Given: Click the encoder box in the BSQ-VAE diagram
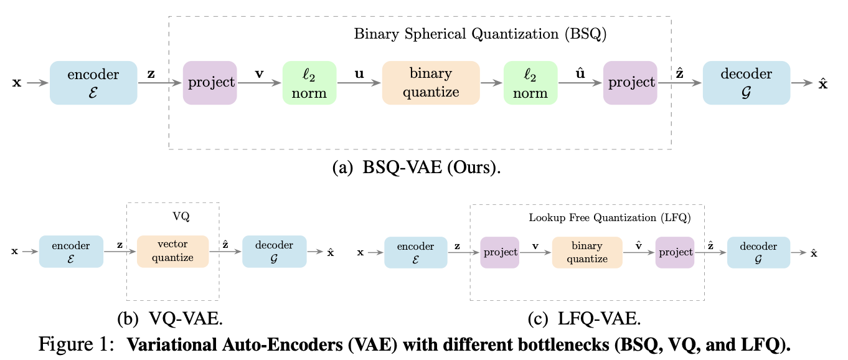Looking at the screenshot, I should (x=93, y=83).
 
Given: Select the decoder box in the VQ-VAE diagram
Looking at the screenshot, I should (x=275, y=252).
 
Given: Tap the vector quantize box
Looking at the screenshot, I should (x=172, y=252).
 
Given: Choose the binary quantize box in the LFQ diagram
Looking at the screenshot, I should (x=587, y=252).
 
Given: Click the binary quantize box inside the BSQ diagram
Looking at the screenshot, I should (x=430, y=83).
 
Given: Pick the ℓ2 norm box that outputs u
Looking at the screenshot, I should (x=309, y=83).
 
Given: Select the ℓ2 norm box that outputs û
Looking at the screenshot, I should (x=530, y=83).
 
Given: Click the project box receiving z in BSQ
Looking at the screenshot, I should (x=210, y=83).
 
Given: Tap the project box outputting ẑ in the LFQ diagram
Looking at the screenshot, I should (x=674, y=252).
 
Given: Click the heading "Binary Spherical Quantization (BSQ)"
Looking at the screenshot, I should (x=480, y=34).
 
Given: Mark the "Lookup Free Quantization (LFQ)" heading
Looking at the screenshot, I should (x=610, y=218).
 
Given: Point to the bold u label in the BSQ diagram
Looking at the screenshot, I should (x=359, y=73).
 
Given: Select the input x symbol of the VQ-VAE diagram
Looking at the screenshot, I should (x=14, y=252).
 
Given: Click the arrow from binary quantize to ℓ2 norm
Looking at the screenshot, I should (x=491, y=83).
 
